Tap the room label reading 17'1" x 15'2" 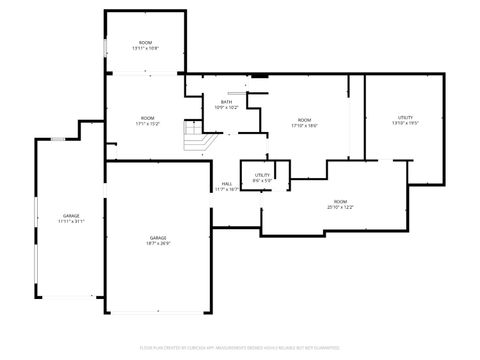(x=148, y=122)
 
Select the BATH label (x=226, y=104)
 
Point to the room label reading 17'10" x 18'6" (x=304, y=123)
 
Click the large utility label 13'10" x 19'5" (x=405, y=120)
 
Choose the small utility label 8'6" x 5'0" (x=262, y=178)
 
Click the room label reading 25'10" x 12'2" (x=340, y=205)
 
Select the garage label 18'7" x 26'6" (x=158, y=240)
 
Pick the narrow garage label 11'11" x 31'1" (x=71, y=218)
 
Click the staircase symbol (x=193, y=135)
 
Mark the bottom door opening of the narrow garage (x=70, y=297)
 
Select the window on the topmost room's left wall (x=106, y=45)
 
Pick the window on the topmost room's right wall (x=186, y=45)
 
